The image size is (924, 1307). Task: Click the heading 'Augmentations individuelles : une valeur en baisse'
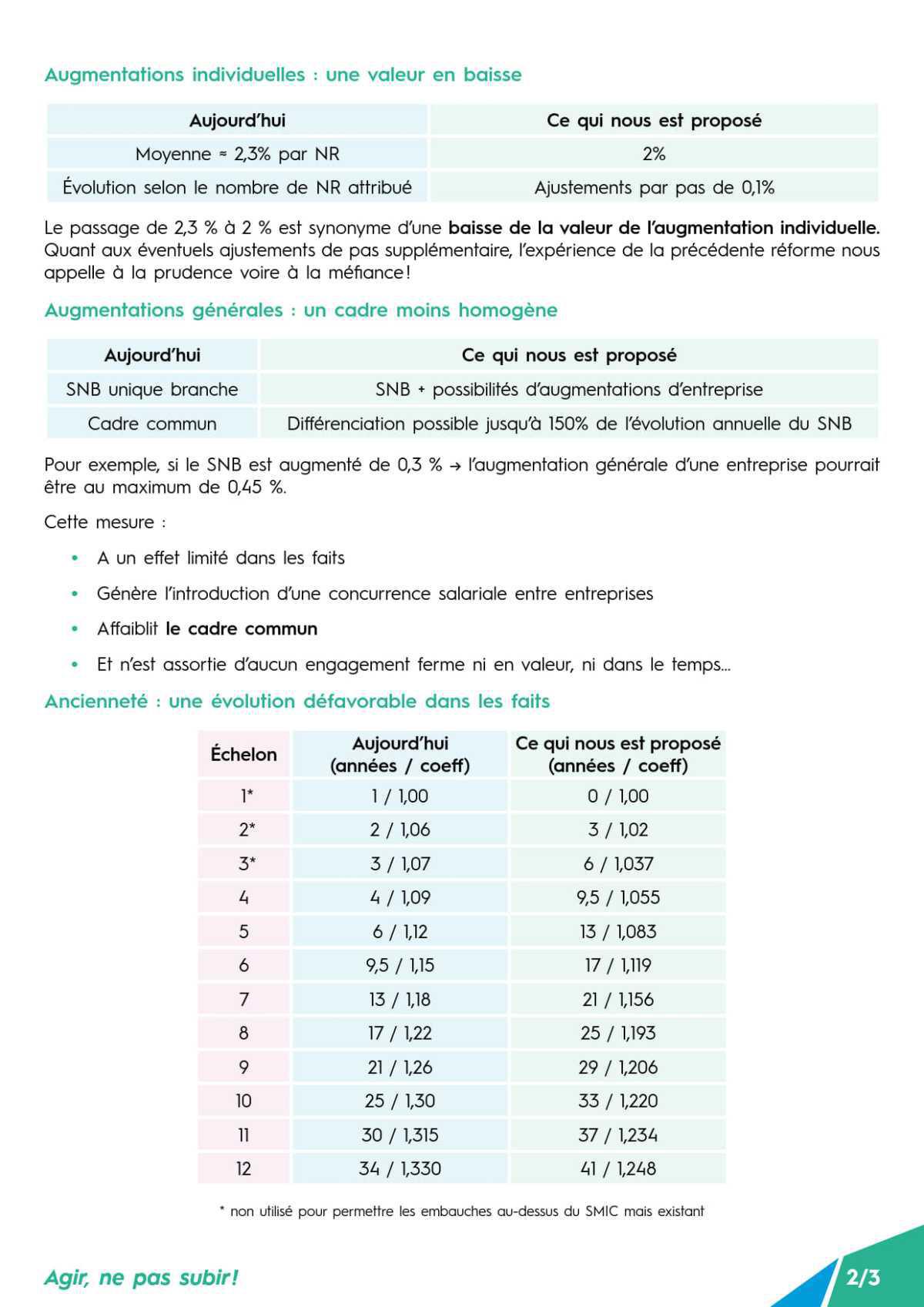coord(283,75)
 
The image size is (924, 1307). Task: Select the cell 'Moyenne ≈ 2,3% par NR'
coord(237,154)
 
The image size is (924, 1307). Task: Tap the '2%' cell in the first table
coord(654,154)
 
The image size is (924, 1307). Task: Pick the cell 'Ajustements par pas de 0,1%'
coord(654,187)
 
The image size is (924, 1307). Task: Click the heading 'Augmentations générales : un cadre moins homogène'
coord(300,310)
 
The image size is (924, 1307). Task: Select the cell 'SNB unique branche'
coord(152,389)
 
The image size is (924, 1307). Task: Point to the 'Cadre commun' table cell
coord(152,423)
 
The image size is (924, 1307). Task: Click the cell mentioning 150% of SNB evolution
coord(569,423)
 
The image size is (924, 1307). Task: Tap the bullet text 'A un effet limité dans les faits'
coord(220,558)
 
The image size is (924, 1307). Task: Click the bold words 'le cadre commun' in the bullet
coord(241,628)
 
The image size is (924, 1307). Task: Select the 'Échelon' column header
coord(243,754)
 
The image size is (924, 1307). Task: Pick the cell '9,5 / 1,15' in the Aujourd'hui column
coord(400,965)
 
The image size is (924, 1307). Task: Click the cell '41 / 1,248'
coord(618,1168)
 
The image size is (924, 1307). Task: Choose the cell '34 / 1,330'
coord(400,1168)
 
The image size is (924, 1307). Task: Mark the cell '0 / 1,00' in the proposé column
coord(618,796)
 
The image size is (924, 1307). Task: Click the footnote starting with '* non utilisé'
coord(462,1211)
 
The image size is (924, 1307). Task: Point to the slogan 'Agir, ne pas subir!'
coord(141,1277)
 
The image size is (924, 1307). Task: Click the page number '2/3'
coord(862,1277)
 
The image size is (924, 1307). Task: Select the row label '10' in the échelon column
coord(243,1101)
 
